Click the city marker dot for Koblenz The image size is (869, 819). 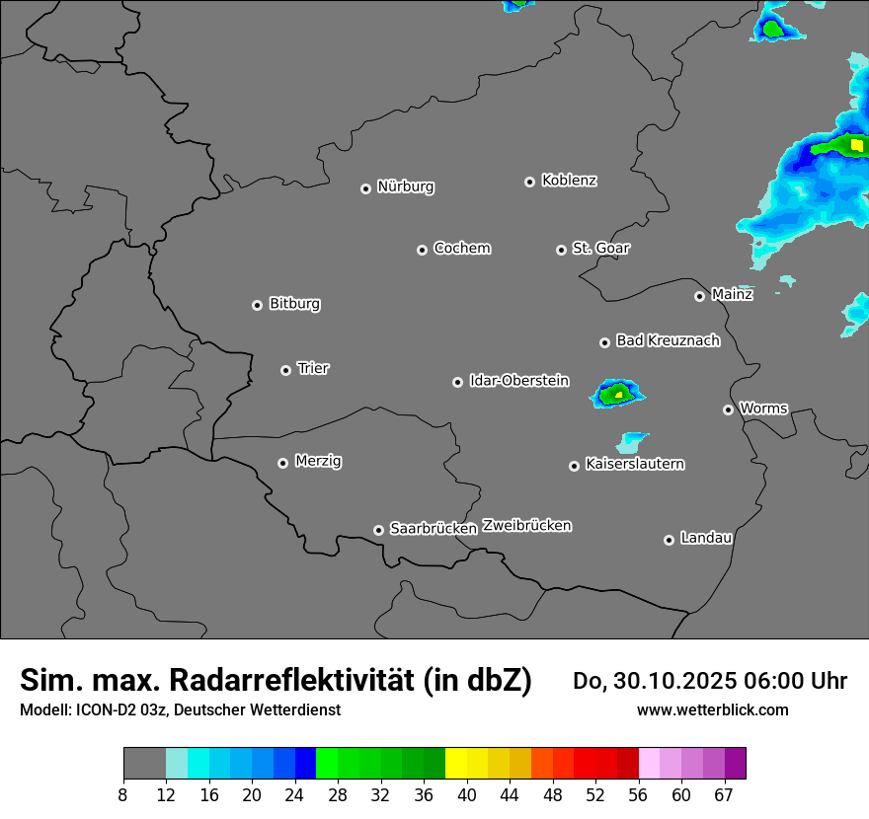530,182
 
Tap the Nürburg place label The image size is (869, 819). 406,186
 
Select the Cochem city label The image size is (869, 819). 462,248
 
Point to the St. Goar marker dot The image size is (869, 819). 562,250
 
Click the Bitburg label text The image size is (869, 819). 294,304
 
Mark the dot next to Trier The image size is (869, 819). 286,370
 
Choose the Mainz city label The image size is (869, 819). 732,294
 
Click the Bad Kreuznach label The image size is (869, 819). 668,340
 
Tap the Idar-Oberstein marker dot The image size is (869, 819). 458,382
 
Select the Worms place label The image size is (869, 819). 763,408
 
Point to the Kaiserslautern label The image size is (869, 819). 635,464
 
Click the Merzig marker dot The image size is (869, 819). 283,463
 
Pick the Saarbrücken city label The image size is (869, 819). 434,529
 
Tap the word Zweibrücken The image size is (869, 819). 526,526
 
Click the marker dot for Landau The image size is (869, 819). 670,540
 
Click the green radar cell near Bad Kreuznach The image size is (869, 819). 617,394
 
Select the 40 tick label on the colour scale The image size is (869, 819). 467,795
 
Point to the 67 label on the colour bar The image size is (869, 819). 724,795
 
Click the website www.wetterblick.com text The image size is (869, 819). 712,709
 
